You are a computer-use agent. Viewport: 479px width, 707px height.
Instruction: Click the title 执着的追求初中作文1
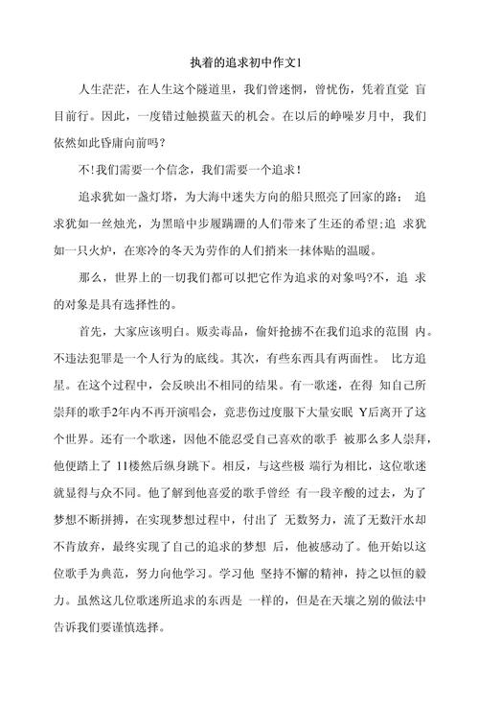pos(239,62)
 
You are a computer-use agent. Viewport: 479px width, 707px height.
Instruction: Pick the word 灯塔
pos(164,199)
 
